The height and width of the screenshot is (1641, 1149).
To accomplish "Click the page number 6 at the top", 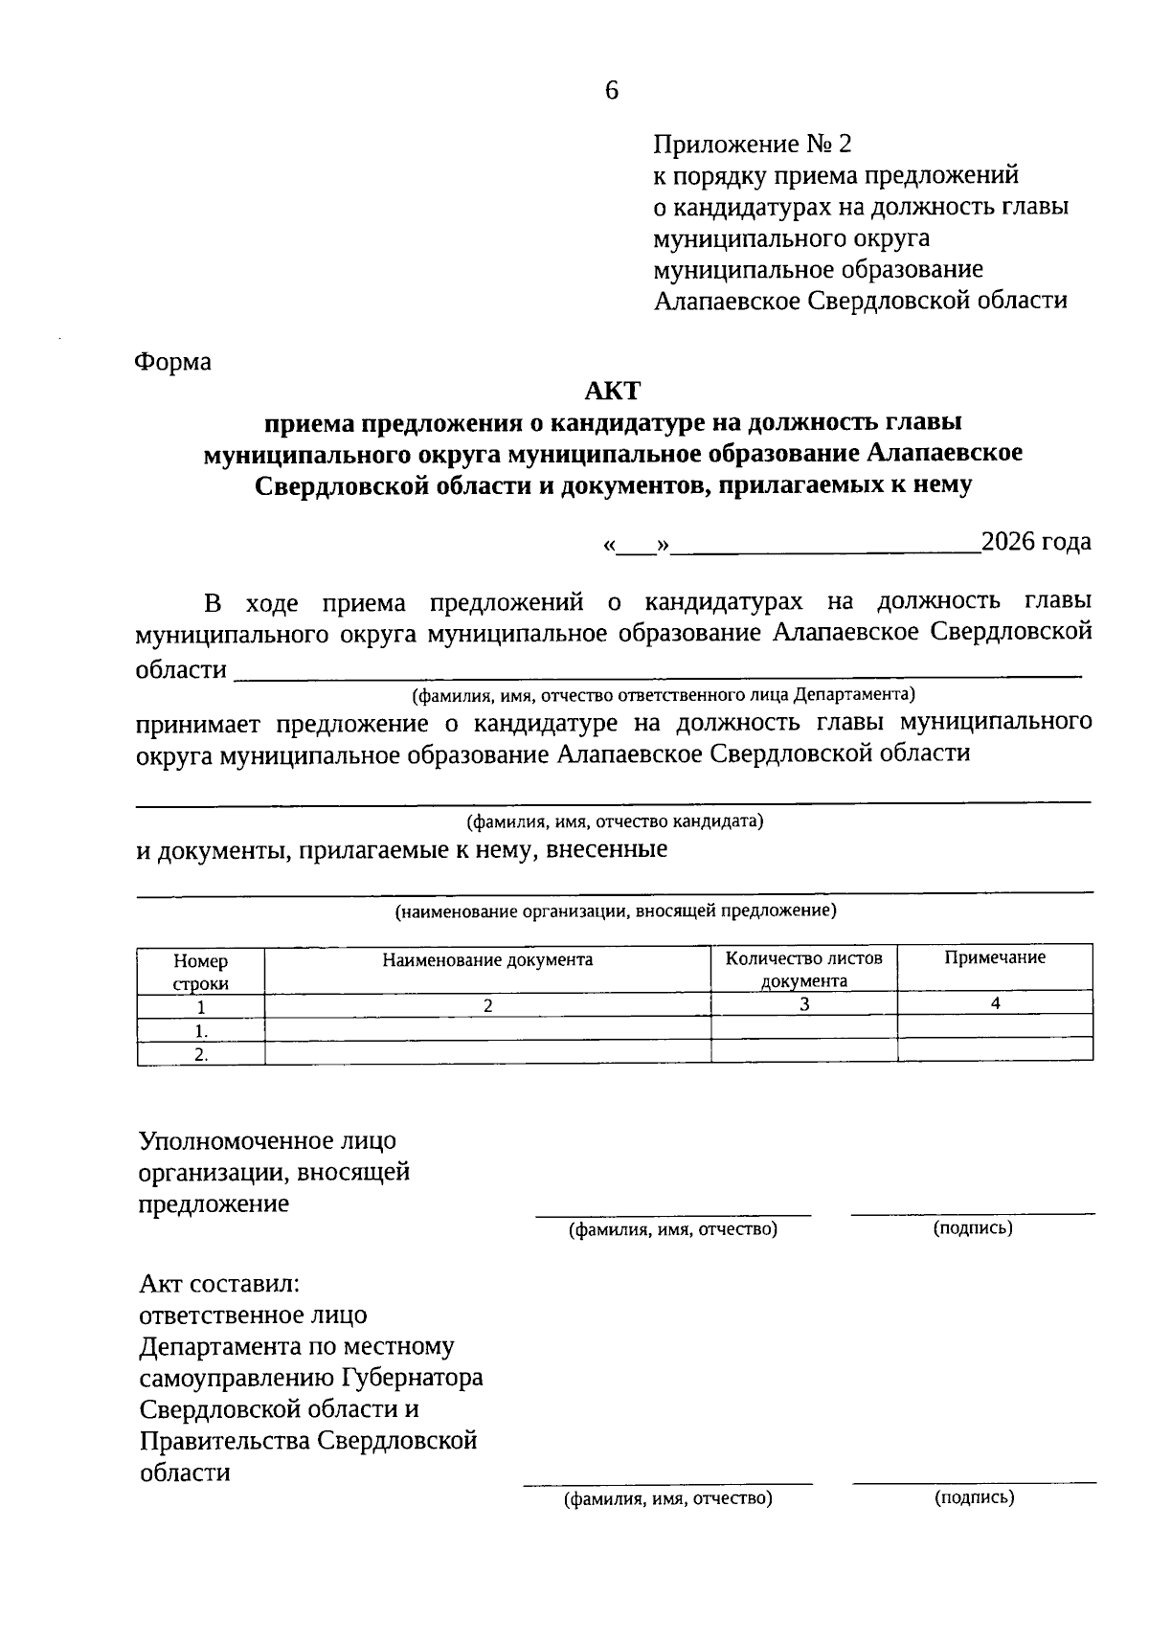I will point(612,91).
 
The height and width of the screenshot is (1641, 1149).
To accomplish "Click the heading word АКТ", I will point(612,391).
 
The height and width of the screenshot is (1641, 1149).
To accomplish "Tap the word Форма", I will point(173,363).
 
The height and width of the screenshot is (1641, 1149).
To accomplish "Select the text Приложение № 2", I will point(752,145).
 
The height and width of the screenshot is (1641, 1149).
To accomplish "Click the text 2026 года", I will point(1036,542).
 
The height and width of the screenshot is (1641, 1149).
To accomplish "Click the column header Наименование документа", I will point(487,960).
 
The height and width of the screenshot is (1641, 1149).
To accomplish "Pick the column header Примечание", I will point(995,958).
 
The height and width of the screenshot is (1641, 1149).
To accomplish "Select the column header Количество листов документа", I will point(803,969).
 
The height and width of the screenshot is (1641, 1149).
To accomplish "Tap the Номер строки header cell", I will point(200,972).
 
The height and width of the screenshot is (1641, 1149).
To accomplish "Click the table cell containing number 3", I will point(804,1004).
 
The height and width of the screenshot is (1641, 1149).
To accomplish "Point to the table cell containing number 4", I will point(995,1003).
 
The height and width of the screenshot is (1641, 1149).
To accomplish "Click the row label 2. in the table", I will point(201,1054).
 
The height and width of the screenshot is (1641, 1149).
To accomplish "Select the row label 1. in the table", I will point(201,1031).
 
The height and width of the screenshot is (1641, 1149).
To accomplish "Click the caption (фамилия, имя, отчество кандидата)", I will point(615,821).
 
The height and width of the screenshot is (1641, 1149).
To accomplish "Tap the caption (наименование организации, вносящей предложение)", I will point(616,911).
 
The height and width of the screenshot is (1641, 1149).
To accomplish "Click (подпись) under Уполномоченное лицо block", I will point(973,1228).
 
